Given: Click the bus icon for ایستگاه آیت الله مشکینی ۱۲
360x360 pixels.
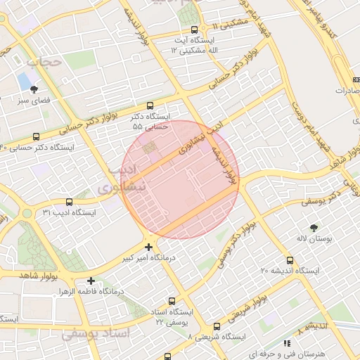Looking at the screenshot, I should click(x=195, y=30).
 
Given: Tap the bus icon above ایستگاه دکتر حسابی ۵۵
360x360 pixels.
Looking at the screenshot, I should click(x=148, y=105).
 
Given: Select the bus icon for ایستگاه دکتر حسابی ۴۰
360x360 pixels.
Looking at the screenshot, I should click(x=36, y=136).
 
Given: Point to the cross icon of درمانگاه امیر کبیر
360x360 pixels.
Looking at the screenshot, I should click(x=148, y=247).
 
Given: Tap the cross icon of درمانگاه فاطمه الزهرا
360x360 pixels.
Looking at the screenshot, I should click(x=91, y=281).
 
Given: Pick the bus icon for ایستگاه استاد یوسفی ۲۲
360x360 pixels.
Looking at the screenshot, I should click(x=172, y=301).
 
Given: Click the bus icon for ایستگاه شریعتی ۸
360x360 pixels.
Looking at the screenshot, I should click(x=216, y=327).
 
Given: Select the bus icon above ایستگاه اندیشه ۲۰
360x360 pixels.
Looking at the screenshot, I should click(x=290, y=261).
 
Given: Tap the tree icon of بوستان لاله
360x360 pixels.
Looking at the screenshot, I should click(x=313, y=227).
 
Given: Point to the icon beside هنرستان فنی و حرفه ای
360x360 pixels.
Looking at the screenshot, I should click(x=287, y=343).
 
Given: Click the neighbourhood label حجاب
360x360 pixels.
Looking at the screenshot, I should click(x=44, y=62).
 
